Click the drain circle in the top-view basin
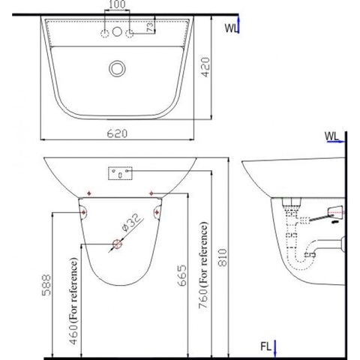pyautogui.click(x=116, y=68)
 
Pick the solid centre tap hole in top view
pyautogui.click(x=116, y=33)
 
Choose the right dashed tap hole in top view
pyautogui.click(x=130, y=33)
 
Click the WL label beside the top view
pyautogui.click(x=232, y=28)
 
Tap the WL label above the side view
pyautogui.click(x=332, y=136)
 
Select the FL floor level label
pyautogui.click(x=264, y=347)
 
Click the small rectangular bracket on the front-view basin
pyautogui.click(x=119, y=172)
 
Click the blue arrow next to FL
pyautogui.click(x=275, y=348)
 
